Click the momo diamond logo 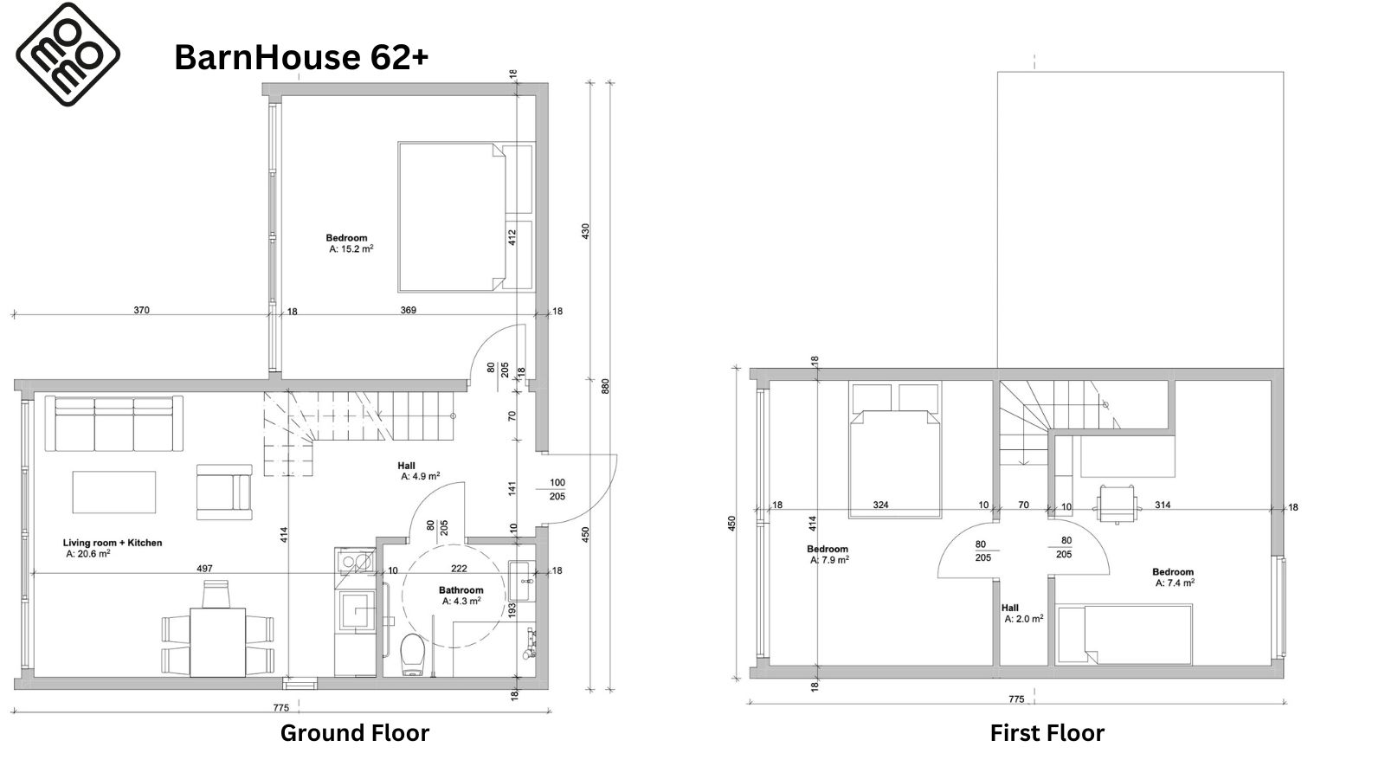click(x=68, y=55)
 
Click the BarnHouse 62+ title click(x=301, y=57)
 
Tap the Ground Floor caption click(x=354, y=732)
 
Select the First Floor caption click(x=1047, y=732)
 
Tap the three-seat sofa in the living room click(x=113, y=423)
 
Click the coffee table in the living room click(x=113, y=493)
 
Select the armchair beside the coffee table click(x=224, y=493)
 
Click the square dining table click(x=217, y=642)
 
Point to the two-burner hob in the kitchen click(x=355, y=562)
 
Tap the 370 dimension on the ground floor click(x=142, y=311)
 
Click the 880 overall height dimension click(x=605, y=386)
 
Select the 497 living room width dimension click(x=204, y=568)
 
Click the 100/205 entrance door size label click(x=557, y=489)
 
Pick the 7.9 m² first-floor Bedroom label click(x=828, y=555)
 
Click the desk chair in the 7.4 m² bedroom click(x=1117, y=504)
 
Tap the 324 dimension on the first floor click(x=880, y=505)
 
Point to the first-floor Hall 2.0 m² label click(x=1023, y=614)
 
